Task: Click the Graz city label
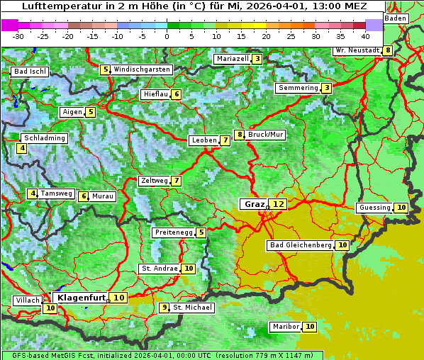(253, 204)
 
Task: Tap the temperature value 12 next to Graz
(279, 204)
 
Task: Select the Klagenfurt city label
(82, 298)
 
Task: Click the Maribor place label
(285, 327)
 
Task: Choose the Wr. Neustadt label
(357, 50)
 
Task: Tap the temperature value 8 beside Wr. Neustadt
(388, 50)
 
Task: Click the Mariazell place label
(233, 59)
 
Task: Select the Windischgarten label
(142, 69)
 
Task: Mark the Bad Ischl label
(30, 72)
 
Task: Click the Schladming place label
(45, 138)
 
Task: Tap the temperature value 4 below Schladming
(23, 148)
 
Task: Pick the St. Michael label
(193, 308)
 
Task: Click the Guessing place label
(375, 208)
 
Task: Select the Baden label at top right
(396, 18)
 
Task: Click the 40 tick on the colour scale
(365, 36)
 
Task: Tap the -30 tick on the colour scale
(18, 36)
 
